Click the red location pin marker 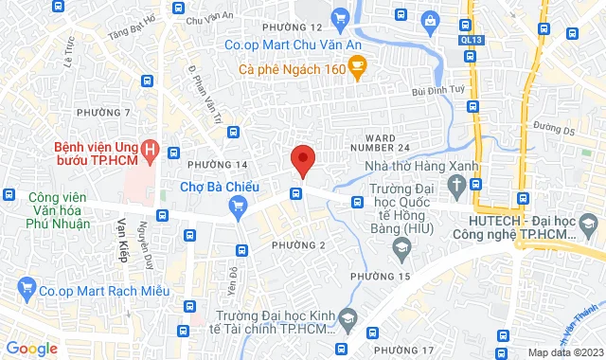(x=302, y=159)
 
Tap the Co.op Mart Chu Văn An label (x=283, y=44)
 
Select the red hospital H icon (x=148, y=150)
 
